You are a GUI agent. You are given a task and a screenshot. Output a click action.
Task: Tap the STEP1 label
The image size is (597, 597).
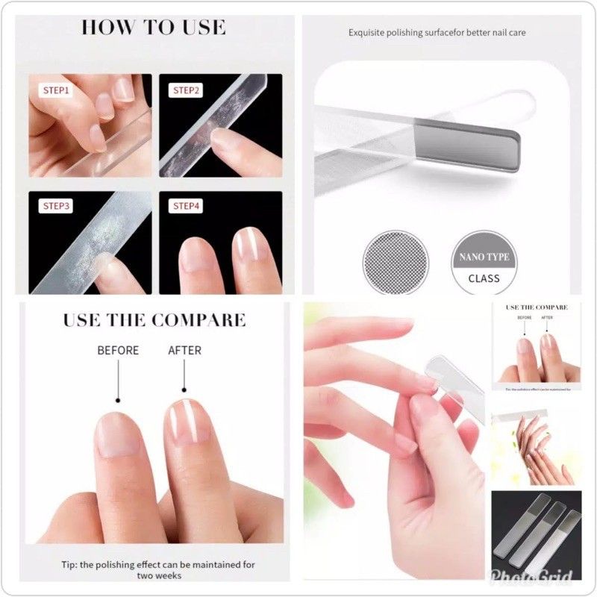(55, 90)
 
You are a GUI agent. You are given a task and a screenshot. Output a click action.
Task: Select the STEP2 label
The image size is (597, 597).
(187, 90)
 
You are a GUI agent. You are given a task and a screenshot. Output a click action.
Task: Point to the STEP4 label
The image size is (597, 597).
(187, 206)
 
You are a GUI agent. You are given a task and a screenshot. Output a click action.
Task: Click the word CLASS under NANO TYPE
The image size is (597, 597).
(484, 278)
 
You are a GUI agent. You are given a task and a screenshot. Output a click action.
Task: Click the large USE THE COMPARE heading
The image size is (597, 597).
(154, 321)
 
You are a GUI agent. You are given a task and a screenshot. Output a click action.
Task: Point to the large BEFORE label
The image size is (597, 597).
(118, 350)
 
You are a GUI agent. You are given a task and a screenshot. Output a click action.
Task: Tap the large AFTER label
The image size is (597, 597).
(185, 350)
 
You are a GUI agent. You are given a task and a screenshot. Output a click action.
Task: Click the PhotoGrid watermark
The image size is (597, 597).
(541, 577)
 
